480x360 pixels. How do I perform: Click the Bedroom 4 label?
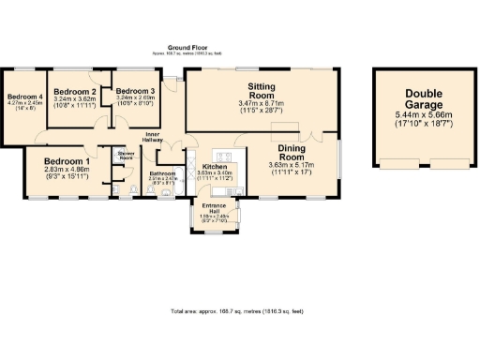[x=25, y=97]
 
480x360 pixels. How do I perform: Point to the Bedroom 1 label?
[x=68, y=161]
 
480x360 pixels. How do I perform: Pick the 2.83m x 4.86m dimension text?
[x=68, y=170]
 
